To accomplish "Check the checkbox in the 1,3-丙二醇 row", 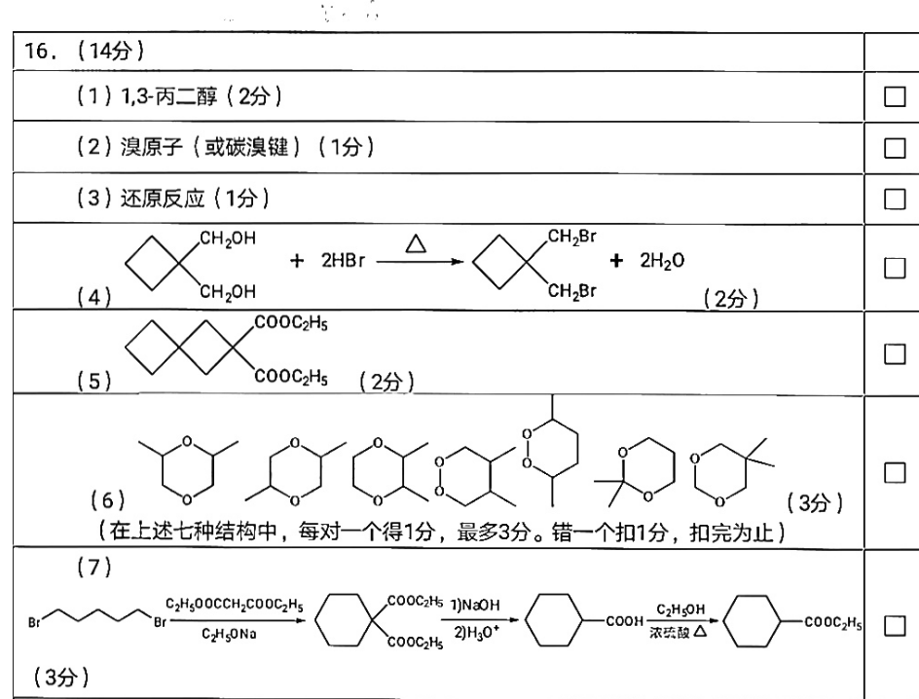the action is click(894, 96).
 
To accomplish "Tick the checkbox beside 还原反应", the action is click(894, 200).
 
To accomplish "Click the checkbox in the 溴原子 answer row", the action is click(894, 148).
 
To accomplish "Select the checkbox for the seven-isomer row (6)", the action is click(894, 472).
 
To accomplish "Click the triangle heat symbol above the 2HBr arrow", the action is click(416, 243).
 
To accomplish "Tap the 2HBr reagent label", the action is click(343, 260).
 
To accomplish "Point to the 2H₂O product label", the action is click(662, 260).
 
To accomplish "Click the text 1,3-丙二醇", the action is click(168, 95).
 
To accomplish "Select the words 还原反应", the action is click(163, 199).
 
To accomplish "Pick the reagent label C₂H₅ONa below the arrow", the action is click(229, 634).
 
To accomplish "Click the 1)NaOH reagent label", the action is click(475, 605).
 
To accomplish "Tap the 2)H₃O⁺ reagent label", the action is click(476, 633).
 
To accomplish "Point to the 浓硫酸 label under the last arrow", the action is click(669, 633).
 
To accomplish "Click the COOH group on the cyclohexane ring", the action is click(625, 621).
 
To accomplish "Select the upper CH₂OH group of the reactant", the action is click(228, 239).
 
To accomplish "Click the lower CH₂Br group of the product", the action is click(572, 291).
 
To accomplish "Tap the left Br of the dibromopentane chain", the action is click(35, 622).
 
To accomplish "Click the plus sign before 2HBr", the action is click(297, 261).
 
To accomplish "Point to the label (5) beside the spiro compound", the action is click(94, 382).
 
